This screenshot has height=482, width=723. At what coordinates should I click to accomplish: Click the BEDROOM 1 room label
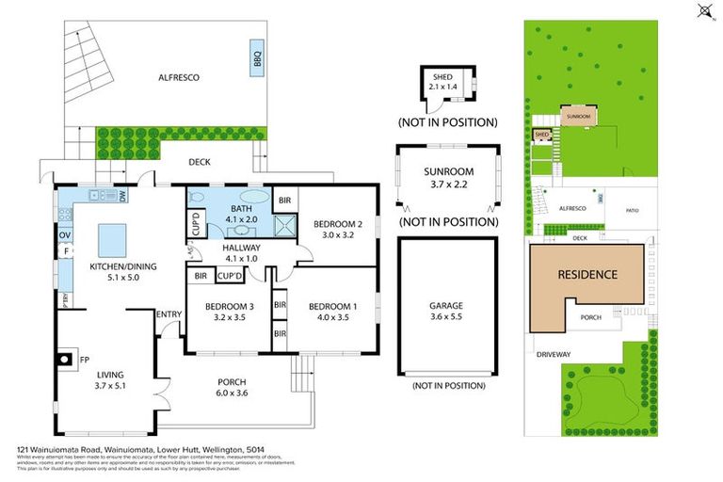[333, 306]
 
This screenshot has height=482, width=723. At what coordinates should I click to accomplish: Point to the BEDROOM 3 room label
[230, 306]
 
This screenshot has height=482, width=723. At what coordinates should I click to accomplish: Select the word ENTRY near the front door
[169, 314]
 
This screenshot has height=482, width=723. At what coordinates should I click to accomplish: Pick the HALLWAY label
[242, 248]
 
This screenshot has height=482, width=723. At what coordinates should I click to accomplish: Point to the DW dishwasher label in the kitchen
[123, 196]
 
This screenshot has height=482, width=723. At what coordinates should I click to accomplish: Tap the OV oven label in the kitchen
[66, 234]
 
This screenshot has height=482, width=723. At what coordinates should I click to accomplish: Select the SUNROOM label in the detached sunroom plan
[448, 171]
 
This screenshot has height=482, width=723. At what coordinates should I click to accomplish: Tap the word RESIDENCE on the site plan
[588, 275]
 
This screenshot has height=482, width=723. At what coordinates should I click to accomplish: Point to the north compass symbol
[703, 12]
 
